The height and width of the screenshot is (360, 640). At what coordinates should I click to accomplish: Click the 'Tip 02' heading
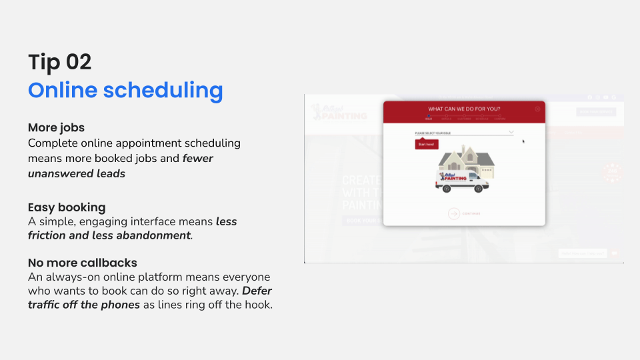pos(60,62)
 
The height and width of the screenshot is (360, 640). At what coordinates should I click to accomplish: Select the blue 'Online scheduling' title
pos(125,90)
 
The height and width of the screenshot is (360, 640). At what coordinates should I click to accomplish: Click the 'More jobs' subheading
pos(56,127)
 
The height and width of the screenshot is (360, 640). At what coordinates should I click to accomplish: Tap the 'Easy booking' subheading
pos(67,207)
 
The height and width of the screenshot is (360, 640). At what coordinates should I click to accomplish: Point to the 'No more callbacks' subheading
pos(83,263)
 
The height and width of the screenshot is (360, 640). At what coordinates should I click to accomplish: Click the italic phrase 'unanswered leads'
pos(77,173)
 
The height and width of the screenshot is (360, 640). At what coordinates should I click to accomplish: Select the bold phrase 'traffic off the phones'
pos(84,305)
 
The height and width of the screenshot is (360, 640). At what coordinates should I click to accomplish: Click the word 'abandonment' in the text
pos(154,235)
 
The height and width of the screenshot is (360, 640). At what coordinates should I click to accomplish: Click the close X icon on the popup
pos(537,109)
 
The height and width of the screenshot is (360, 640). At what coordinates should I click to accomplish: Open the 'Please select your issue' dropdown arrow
pos(511,133)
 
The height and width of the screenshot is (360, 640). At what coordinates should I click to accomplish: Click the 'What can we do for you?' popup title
pos(464,109)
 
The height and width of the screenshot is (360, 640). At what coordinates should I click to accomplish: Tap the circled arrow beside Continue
pos(454,213)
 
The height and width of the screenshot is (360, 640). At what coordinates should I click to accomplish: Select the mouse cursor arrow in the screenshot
pos(523,141)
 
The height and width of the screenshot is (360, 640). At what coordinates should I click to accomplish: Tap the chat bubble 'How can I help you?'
pos(582,253)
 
